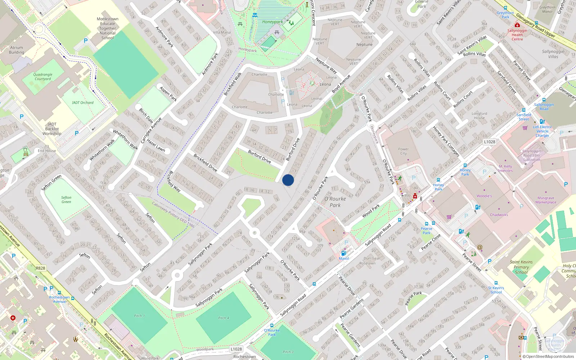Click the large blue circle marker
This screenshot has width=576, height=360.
[x=288, y=180]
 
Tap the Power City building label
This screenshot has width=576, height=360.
[x=403, y=151]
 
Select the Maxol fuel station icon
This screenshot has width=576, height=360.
[x=344, y=253]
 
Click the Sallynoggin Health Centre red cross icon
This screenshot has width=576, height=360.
[x=517, y=25]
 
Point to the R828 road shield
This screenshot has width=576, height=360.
[x=41, y=268]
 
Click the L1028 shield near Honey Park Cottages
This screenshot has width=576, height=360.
[x=489, y=142]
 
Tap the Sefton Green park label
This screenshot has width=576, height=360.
[x=66, y=199]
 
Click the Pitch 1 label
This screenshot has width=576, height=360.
[x=139, y=316]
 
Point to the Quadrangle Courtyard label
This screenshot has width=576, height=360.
[x=43, y=77]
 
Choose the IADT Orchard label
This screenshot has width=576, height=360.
[x=82, y=103]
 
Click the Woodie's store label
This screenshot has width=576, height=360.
[x=484, y=196]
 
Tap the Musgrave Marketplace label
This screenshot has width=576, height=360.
[x=546, y=200]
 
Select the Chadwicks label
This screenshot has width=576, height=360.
[x=499, y=215]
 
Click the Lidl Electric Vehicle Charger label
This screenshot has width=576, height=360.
[x=543, y=131]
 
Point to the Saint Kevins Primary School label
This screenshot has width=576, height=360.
[x=521, y=267]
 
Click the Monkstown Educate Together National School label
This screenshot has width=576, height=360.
[x=108, y=28]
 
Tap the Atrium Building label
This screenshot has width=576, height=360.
[x=17, y=50]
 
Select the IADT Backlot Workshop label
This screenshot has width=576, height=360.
[x=52, y=129]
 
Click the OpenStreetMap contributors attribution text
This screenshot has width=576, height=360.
[x=550, y=357]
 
